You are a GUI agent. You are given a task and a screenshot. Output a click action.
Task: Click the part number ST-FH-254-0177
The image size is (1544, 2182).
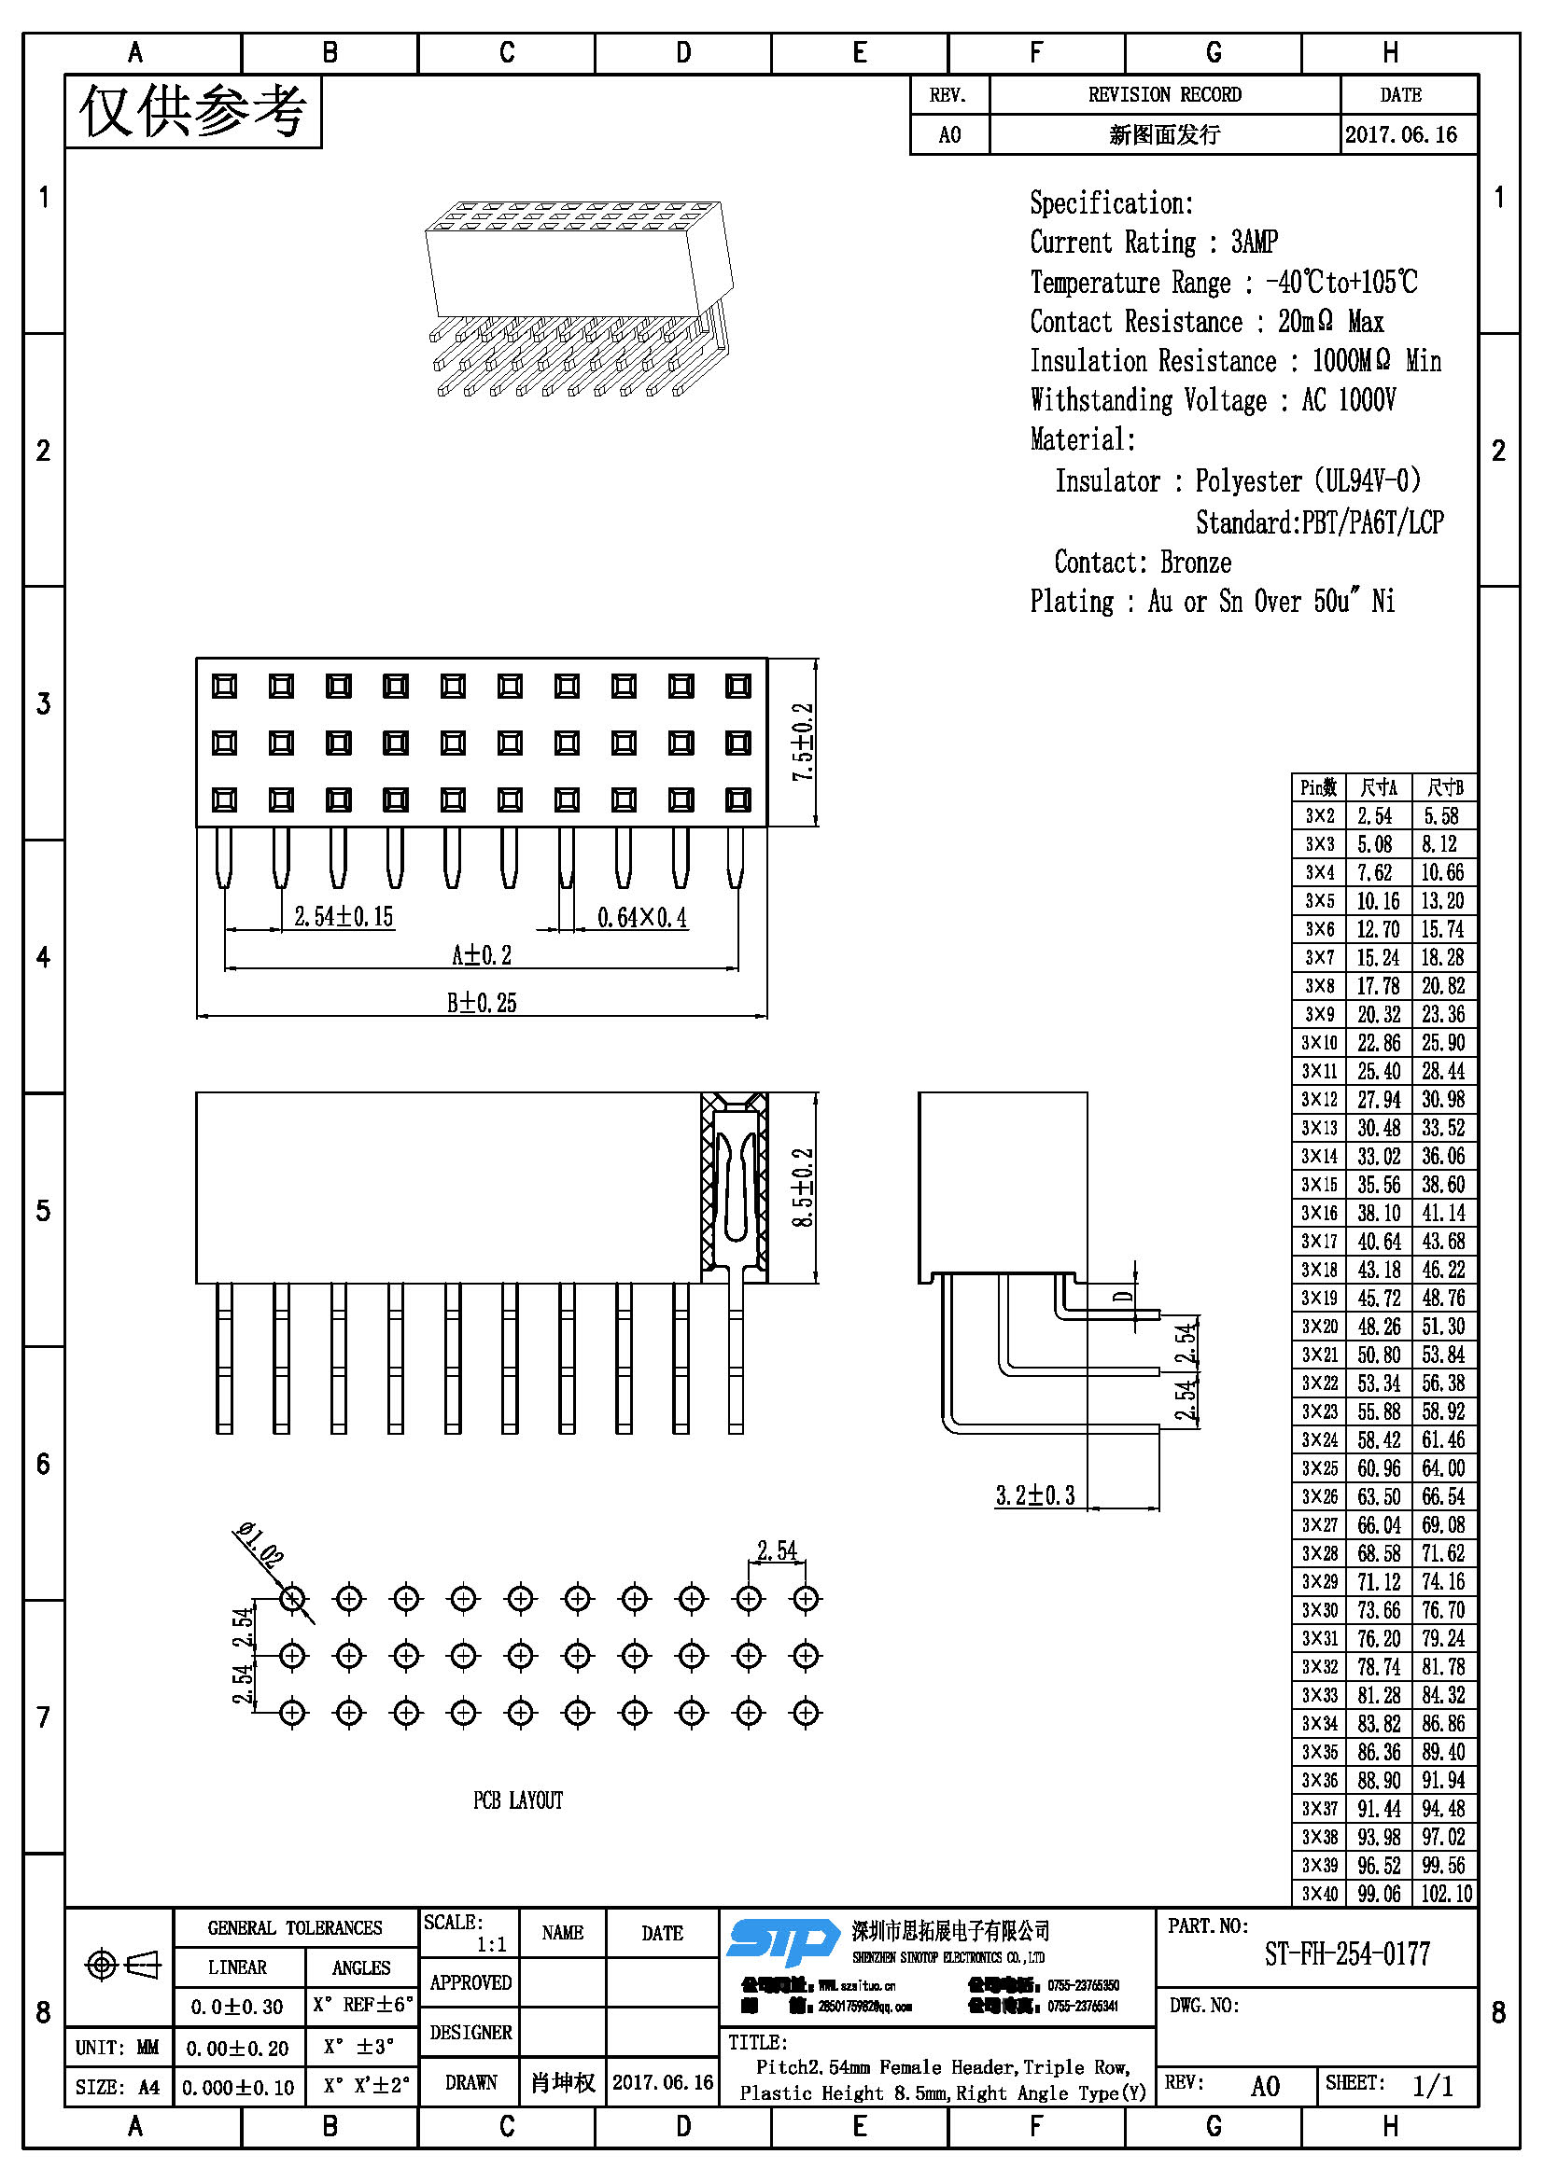[1346, 1954]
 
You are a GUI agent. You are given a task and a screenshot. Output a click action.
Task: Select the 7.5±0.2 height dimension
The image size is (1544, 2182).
[804, 743]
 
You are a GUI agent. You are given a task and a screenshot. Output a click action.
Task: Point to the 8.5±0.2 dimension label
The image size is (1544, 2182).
[804, 1187]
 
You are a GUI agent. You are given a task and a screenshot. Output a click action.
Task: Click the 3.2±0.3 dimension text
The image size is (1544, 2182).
[1034, 1494]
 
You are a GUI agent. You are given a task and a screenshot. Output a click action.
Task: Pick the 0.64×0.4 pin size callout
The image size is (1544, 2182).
[641, 917]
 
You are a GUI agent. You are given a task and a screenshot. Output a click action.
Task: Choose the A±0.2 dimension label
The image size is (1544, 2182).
[481, 954]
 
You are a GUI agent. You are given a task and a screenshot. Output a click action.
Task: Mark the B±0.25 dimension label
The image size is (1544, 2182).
[481, 1003]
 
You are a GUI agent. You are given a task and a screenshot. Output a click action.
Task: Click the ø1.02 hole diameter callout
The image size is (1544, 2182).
[259, 1544]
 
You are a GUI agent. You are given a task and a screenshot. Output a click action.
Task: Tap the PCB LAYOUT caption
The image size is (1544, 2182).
[518, 1800]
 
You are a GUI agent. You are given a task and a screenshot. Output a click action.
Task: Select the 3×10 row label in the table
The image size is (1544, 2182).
[1319, 1043]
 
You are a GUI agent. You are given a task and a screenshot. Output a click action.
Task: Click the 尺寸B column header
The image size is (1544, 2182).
[1444, 787]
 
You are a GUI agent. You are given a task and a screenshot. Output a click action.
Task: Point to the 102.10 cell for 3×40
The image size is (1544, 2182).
[1445, 1893]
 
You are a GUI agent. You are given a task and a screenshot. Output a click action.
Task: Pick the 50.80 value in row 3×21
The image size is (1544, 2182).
[1379, 1355]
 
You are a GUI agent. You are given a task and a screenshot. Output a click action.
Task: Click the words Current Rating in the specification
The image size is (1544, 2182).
[1113, 243]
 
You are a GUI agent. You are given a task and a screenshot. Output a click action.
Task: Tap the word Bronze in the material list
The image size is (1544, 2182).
[1195, 563]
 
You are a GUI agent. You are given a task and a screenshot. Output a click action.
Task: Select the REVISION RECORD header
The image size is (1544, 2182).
[1165, 95]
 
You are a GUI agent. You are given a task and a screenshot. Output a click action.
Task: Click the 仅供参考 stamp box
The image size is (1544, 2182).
[193, 111]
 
